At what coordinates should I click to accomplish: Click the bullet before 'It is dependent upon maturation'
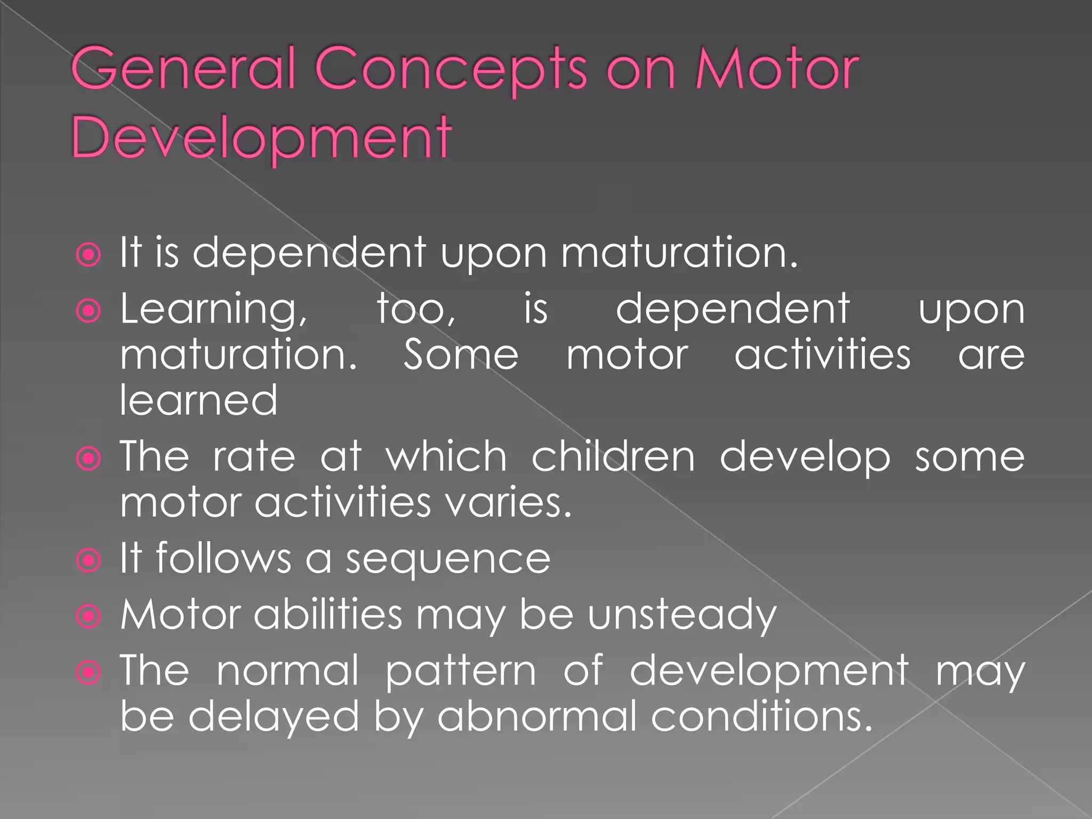[89, 255]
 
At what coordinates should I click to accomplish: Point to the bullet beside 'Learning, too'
[89, 310]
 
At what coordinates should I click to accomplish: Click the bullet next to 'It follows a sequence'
[89, 560]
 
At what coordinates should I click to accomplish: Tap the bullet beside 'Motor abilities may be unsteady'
[89, 616]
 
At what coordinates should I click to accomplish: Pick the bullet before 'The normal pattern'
[89, 672]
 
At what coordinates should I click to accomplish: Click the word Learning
[213, 310]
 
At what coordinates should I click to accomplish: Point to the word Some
[461, 355]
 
